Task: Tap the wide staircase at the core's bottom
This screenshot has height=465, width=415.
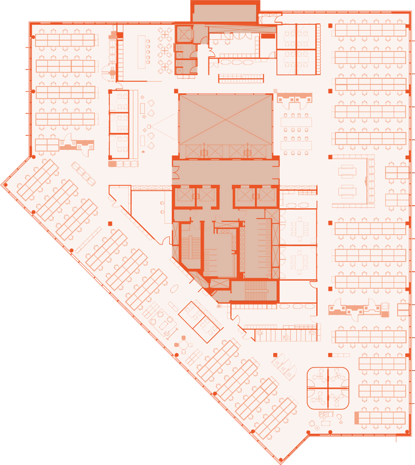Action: pyautogui.click(x=254, y=291)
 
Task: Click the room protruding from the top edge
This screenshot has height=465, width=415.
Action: pyautogui.click(x=224, y=12)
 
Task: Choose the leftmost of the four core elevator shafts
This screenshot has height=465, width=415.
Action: pyautogui.click(x=184, y=195)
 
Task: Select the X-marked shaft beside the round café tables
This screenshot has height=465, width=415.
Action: pyautogui.click(x=184, y=34)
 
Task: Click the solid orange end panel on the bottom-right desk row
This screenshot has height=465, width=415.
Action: pyautogui.click(x=357, y=417)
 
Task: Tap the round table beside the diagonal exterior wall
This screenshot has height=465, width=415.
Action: pyautogui.click(x=183, y=343)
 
